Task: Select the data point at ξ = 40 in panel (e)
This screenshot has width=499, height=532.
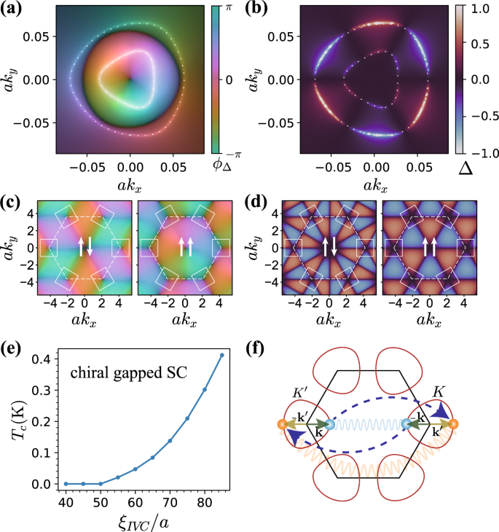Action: point(66,484)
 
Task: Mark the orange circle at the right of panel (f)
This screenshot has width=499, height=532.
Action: point(453,424)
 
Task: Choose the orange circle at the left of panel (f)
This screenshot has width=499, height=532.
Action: point(281,424)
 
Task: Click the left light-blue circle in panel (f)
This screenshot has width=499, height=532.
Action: point(328,424)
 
